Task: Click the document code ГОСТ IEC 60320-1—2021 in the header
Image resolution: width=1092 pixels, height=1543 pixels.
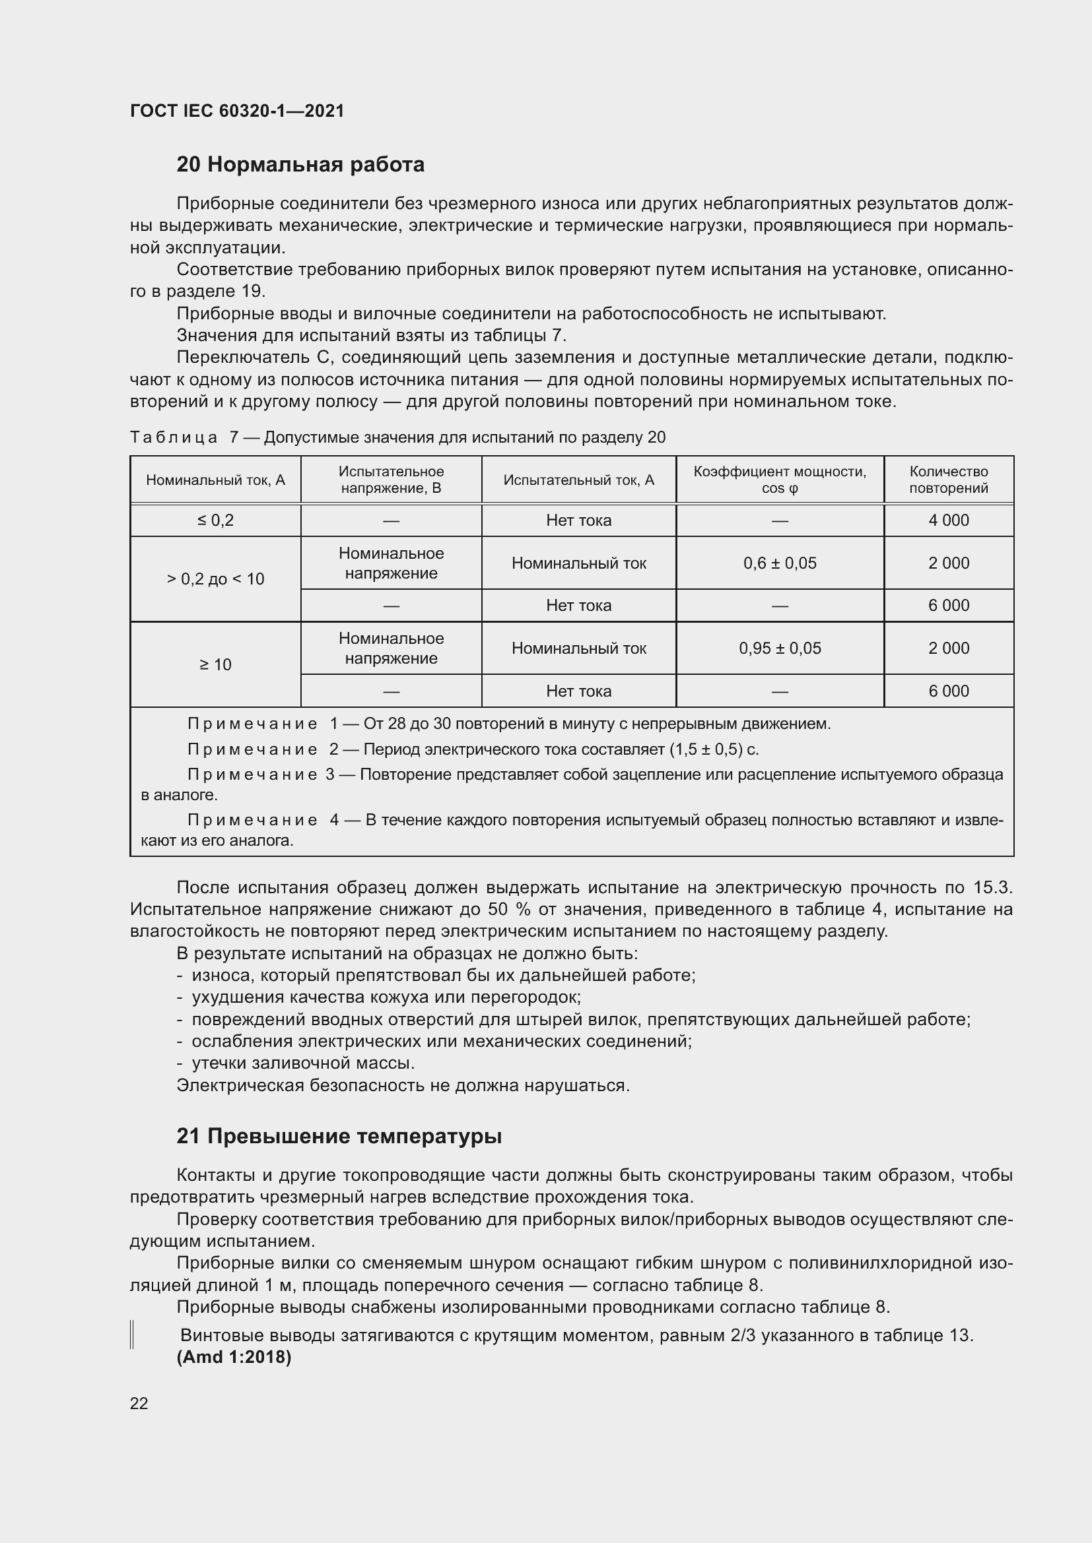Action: click(x=237, y=111)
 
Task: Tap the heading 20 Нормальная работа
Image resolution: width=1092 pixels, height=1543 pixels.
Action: click(x=300, y=165)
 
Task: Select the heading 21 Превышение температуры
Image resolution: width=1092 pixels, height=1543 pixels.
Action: click(x=339, y=1136)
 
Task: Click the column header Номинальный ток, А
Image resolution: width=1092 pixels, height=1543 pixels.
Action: click(x=215, y=480)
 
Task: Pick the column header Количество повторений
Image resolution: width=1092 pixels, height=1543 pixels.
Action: click(x=948, y=480)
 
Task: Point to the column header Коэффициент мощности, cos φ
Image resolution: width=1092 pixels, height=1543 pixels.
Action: click(x=779, y=480)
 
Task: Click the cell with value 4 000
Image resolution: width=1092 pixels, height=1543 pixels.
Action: click(x=948, y=520)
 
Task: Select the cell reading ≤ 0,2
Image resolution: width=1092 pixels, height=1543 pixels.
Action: click(x=215, y=520)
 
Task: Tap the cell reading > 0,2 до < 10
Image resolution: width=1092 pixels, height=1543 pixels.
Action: click(x=215, y=579)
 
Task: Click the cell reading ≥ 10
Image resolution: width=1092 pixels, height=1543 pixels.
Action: click(x=215, y=665)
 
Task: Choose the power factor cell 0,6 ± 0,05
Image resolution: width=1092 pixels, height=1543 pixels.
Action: click(x=779, y=563)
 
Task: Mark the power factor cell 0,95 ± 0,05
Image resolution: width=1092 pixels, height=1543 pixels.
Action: click(x=779, y=648)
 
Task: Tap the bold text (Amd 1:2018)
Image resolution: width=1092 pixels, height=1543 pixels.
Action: click(x=233, y=1357)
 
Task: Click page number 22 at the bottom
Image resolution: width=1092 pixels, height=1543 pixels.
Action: click(x=139, y=1403)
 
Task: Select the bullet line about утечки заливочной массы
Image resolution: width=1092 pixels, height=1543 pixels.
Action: click(x=302, y=1063)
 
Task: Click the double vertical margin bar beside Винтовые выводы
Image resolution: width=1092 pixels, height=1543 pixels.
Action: click(x=133, y=1335)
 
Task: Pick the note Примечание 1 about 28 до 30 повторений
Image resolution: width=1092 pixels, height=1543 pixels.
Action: click(x=508, y=724)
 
